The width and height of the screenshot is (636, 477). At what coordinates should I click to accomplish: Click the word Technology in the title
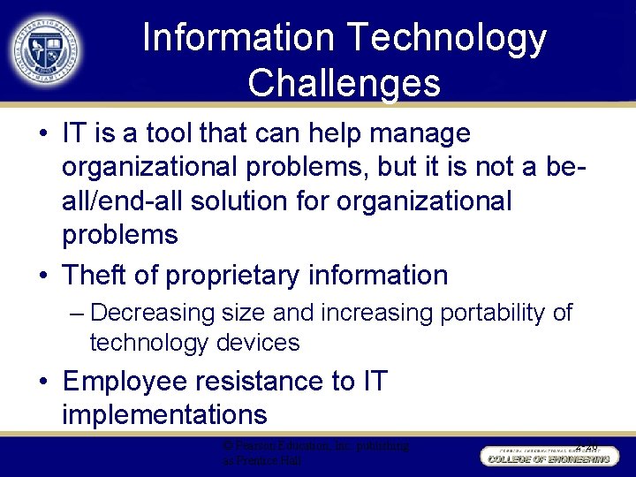447,39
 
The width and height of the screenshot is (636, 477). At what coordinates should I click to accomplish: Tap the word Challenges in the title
344,83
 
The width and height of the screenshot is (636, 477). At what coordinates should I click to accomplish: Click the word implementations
164,414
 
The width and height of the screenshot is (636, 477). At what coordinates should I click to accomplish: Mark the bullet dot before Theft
43,276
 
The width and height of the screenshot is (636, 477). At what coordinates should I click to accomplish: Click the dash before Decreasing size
77,314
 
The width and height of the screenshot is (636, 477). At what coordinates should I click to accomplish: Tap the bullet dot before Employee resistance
43,382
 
